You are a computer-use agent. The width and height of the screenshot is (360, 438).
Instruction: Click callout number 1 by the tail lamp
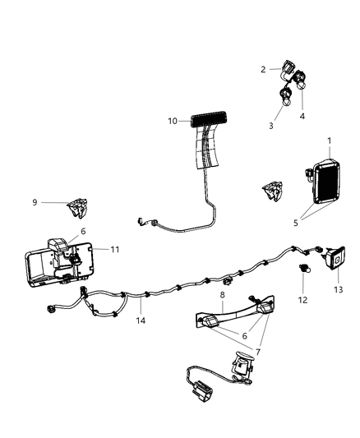point(329,141)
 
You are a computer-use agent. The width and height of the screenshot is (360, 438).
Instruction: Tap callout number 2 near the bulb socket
point(263,69)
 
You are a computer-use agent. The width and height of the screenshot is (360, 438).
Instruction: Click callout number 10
point(173,121)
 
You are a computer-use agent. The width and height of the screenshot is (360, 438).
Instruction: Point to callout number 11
point(115,248)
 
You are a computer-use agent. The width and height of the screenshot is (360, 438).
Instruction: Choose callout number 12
point(303,300)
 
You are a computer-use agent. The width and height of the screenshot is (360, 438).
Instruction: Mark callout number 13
point(338,289)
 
